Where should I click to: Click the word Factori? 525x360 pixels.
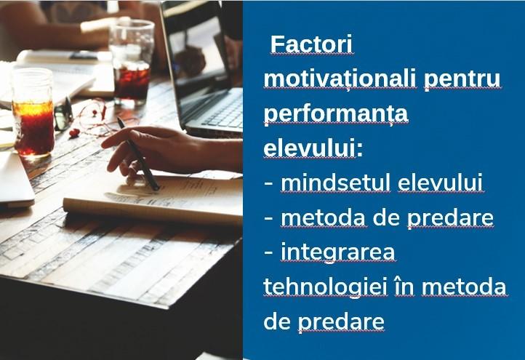coord(311,45)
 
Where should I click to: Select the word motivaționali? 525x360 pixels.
coord(340,79)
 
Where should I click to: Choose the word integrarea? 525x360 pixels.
coord(338,252)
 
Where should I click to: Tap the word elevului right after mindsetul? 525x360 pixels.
coord(441,183)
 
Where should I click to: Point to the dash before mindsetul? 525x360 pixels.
coord(268,184)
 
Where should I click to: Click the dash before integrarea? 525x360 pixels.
coord(268,253)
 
